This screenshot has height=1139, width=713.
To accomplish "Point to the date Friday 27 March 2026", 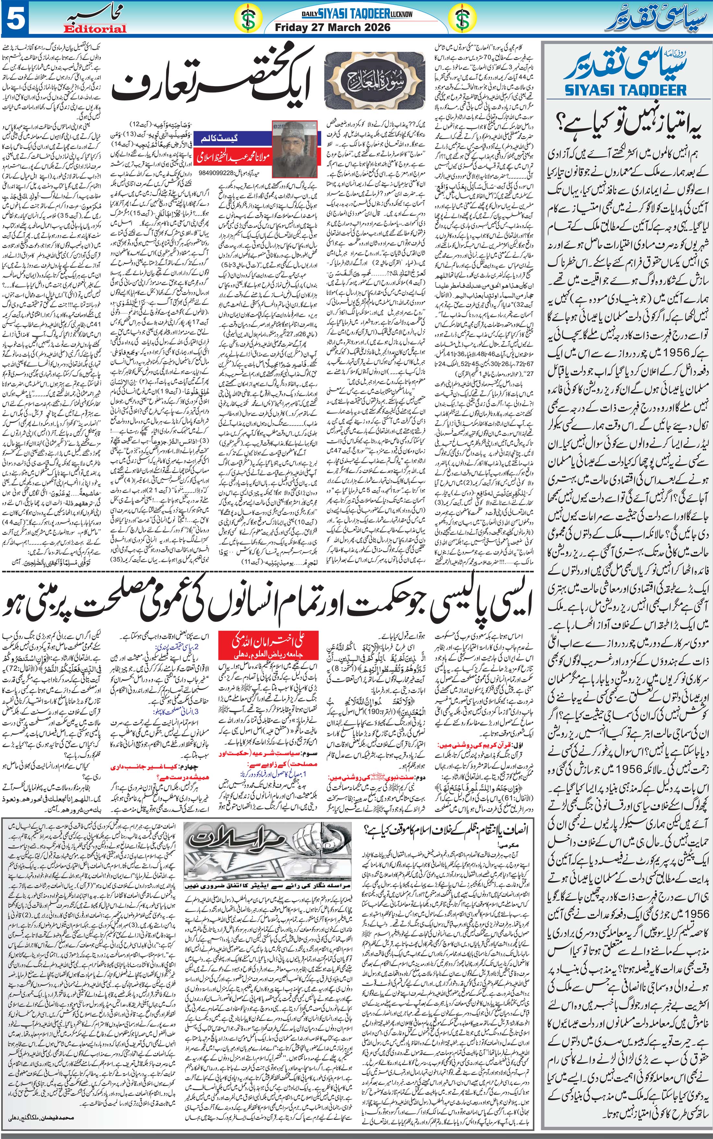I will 333,27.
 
